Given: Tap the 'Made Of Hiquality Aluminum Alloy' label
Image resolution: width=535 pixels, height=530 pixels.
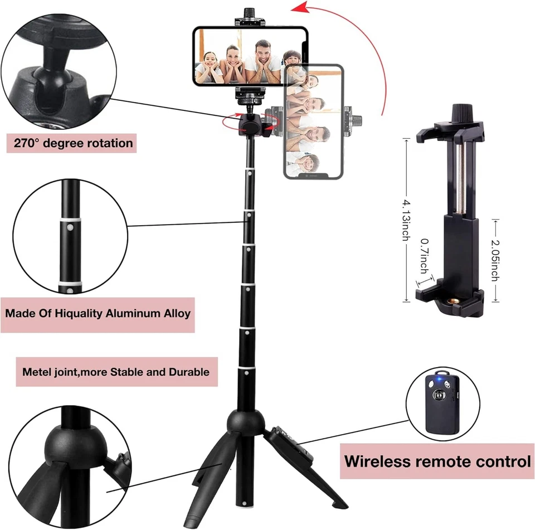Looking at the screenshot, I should click(98, 313).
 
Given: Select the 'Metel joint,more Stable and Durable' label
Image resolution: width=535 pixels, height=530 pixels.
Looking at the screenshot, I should click(116, 371).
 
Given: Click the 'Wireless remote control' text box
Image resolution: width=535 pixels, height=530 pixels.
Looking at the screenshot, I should click(437, 461).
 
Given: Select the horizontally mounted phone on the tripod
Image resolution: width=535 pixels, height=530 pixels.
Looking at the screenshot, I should click(250, 56).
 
